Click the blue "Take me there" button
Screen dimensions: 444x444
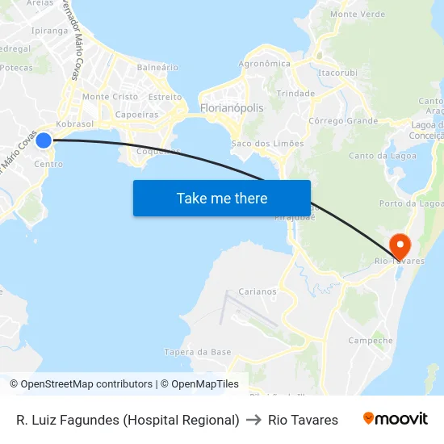click(222, 198)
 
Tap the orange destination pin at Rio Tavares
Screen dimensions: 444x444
click(400, 245)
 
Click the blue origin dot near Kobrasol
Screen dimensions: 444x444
click(44, 140)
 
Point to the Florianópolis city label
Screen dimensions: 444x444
click(231, 107)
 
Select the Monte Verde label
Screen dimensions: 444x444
click(358, 15)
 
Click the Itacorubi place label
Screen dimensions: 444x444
click(338, 73)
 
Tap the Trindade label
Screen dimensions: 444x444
click(295, 94)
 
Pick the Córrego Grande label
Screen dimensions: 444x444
click(343, 121)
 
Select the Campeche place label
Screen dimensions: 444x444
click(371, 341)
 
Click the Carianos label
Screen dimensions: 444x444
click(258, 292)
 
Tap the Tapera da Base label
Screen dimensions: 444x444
click(198, 352)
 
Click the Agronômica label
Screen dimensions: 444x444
click(264, 64)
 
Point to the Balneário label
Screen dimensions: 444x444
click(157, 67)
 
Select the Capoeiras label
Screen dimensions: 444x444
click(136, 115)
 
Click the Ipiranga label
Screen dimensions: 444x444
click(48, 31)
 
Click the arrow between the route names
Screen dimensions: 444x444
click(253, 420)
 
